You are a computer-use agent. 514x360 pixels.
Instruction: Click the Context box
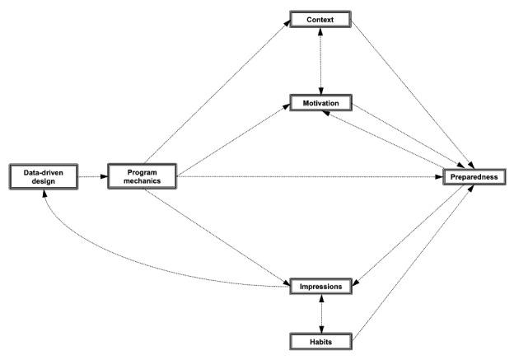pyautogui.click(x=320, y=19)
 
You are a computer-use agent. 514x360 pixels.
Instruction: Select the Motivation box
pyautogui.click(x=320, y=104)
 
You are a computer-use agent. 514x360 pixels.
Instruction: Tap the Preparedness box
pyautogui.click(x=474, y=175)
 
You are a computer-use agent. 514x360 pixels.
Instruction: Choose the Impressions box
pyautogui.click(x=320, y=286)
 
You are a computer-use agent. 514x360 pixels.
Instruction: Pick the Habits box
pyautogui.click(x=320, y=339)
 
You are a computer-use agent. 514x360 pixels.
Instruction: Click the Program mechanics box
pyautogui.click(x=143, y=175)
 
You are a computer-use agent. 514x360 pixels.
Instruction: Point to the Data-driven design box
pyautogui.click(x=42, y=175)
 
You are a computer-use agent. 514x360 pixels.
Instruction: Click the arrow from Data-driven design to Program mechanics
pyautogui.click(x=92, y=175)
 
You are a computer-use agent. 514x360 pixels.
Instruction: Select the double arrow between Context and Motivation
pyautogui.click(x=321, y=62)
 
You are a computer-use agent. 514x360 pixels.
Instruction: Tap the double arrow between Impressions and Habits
pyautogui.click(x=321, y=313)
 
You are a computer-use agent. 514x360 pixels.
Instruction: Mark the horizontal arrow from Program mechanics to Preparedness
pyautogui.click(x=313, y=175)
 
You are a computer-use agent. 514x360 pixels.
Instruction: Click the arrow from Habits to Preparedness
pyautogui.click(x=412, y=264)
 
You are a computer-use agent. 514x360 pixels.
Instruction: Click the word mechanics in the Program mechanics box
pyautogui.click(x=143, y=180)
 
